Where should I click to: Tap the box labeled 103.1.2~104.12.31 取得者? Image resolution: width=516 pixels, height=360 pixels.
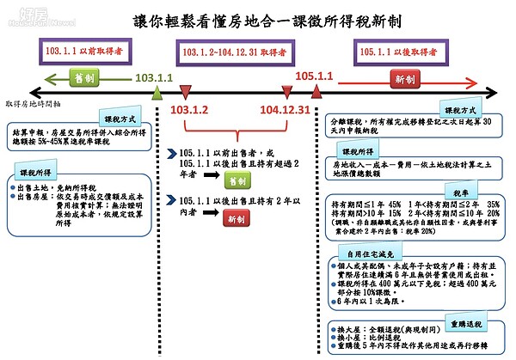tap(232, 53)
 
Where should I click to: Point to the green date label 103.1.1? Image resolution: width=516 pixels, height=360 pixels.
tap(154, 77)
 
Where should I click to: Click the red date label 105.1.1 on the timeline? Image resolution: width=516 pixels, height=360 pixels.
tap(315, 76)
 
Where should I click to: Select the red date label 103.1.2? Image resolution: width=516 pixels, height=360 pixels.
tap(190, 111)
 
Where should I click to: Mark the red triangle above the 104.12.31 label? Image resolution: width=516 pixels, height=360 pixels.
tap(287, 93)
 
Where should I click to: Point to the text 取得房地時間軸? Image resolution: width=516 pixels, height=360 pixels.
tap(34, 103)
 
